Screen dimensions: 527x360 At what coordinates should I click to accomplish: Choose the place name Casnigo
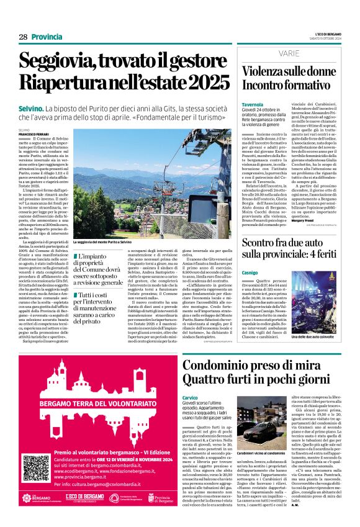click(251, 254)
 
